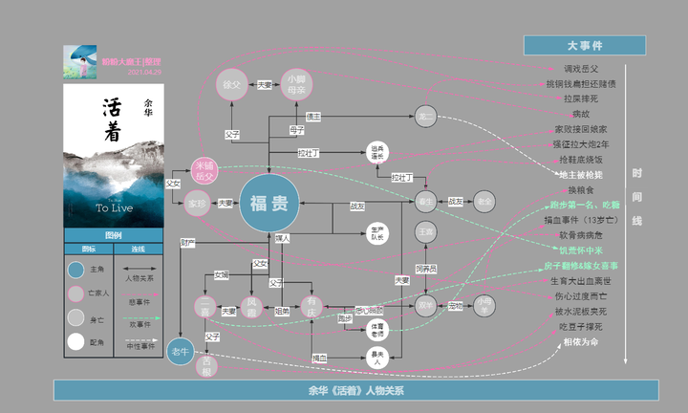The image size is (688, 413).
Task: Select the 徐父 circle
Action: pyautogui.click(x=232, y=85)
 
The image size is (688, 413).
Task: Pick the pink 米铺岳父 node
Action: pyautogui.click(x=204, y=171)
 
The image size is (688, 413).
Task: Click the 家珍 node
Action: pyautogui.click(x=197, y=203)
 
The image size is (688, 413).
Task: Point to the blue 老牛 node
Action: pyautogui.click(x=181, y=352)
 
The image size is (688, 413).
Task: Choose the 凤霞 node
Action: pyautogui.click(x=253, y=305)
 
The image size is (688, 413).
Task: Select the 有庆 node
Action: pyautogui.click(x=312, y=306)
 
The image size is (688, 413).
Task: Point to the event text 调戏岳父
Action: pyautogui.click(x=580, y=69)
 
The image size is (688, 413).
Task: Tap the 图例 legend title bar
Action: pyautogui.click(x=114, y=235)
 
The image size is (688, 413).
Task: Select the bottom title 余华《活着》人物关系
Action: pyautogui.click(x=356, y=390)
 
